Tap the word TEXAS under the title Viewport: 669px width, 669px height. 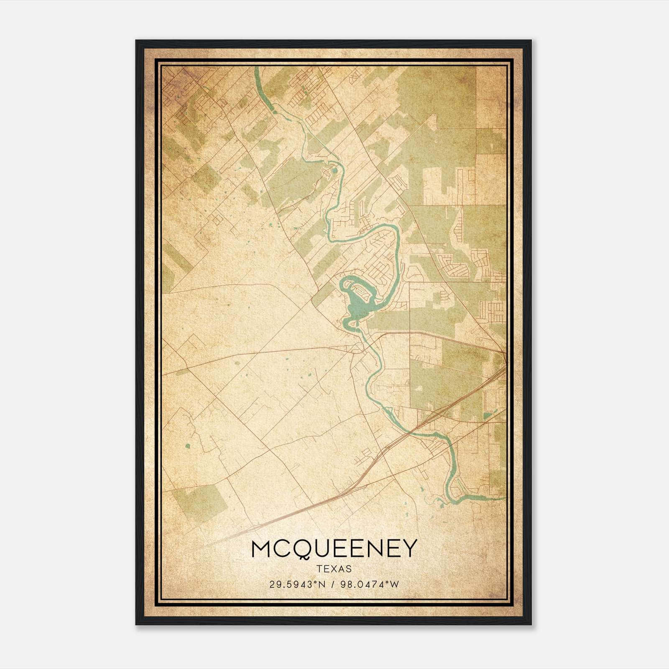[334, 569]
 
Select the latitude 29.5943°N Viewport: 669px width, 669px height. [297, 584]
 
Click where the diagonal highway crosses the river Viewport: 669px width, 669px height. [412, 431]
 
